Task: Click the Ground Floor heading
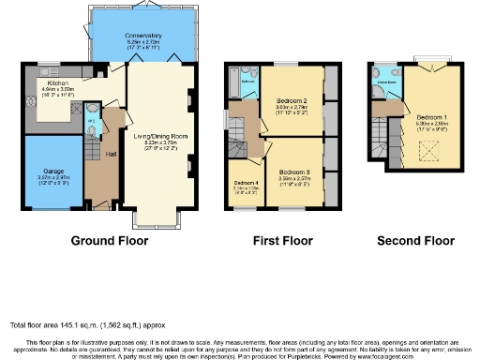pos(111,241)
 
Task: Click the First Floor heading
pos(278,241)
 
